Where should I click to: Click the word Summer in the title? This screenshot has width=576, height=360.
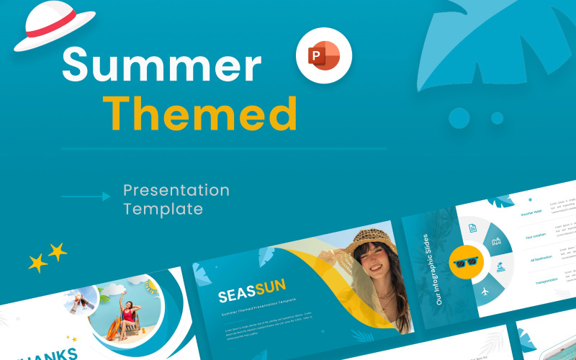(x=161, y=66)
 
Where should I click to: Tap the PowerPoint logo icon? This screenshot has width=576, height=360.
(x=323, y=56)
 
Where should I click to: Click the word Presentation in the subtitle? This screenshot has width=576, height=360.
(x=176, y=191)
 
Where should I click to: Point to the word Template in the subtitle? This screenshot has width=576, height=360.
(x=163, y=210)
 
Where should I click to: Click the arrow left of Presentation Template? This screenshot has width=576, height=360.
(x=86, y=196)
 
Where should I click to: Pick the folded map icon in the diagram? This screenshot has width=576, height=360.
(x=495, y=242)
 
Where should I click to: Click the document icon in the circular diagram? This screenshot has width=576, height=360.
(x=472, y=228)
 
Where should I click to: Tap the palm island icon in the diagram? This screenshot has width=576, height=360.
(x=500, y=267)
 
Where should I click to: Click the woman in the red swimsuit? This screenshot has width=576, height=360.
(x=130, y=317)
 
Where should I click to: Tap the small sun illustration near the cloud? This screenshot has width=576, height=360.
(x=151, y=286)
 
